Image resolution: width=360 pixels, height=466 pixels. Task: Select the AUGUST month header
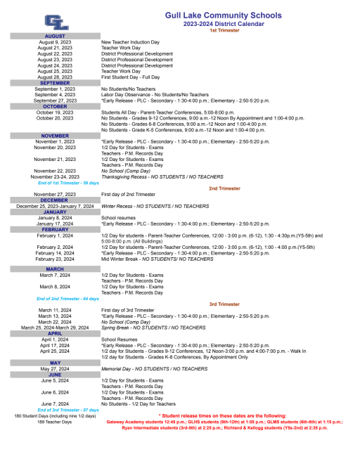click(x=55, y=36)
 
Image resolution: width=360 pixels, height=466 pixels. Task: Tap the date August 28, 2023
click(x=55, y=77)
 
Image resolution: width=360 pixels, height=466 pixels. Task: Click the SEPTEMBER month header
click(x=55, y=83)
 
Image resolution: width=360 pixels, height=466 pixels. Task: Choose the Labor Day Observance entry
click(x=155, y=94)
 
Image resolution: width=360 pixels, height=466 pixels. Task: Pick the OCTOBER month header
click(x=55, y=106)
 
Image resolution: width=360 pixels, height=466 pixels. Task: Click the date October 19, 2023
click(x=55, y=112)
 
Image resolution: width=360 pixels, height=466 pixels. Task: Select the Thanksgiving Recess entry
click(x=162, y=176)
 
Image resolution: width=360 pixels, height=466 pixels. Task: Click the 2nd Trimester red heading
click(x=224, y=188)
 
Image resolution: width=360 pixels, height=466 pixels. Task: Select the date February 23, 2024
click(x=55, y=259)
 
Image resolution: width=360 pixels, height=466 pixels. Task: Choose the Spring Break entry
click(x=154, y=328)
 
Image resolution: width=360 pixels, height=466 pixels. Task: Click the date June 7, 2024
click(x=55, y=404)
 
